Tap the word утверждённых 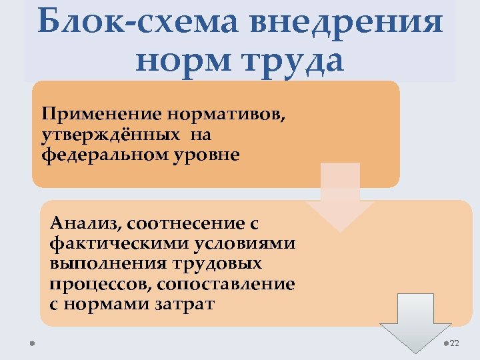coord(111,135)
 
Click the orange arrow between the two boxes coord(340,197)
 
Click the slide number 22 coord(455,343)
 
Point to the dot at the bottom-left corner coord(31,344)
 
